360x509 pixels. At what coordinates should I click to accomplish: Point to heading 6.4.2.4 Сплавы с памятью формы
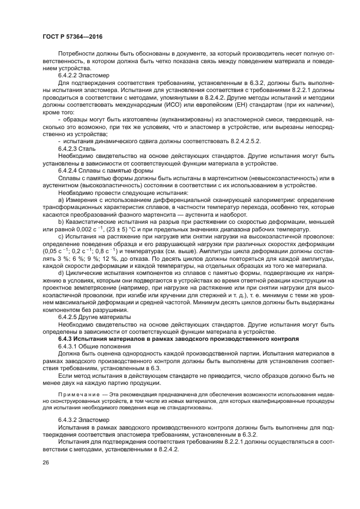(98, 170)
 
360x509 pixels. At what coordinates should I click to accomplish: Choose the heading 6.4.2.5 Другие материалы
(94, 317)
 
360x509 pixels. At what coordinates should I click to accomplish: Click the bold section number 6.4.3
(67, 339)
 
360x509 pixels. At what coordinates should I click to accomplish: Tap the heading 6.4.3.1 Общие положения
(93, 346)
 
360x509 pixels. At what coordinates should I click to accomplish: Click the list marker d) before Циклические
(61, 273)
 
